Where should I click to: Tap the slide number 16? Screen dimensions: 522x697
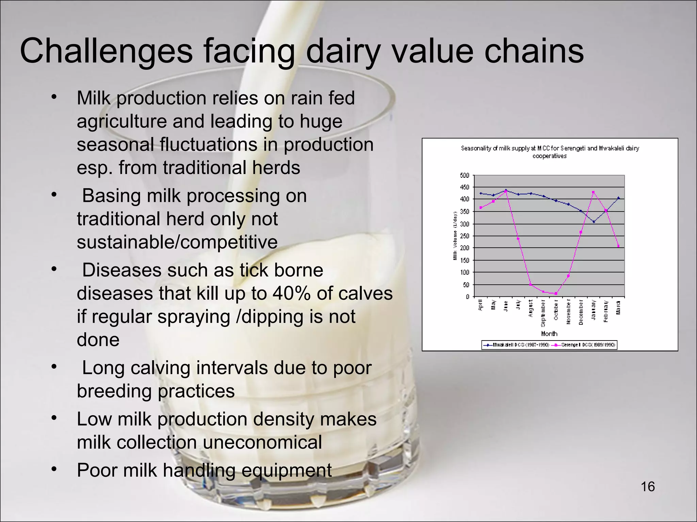click(648, 487)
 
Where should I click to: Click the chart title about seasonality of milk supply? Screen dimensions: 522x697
click(550, 152)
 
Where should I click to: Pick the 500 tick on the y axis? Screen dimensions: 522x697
click(465, 175)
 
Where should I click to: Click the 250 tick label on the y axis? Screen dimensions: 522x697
click(465, 236)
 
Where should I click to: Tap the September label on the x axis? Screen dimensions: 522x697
click(544, 313)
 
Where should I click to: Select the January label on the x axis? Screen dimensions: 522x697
click(593, 309)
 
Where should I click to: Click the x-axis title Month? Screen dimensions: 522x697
click(549, 333)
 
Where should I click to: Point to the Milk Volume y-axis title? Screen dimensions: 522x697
click(455, 236)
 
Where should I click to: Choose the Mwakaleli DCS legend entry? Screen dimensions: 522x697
click(517, 345)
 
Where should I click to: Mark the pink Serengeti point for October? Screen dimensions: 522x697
click(556, 293)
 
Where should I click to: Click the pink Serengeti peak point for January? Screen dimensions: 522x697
click(593, 192)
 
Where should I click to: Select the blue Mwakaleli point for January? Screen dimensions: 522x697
click(594, 222)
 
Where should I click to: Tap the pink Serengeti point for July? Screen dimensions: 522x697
click(518, 239)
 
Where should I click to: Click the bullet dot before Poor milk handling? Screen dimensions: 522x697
click(53, 469)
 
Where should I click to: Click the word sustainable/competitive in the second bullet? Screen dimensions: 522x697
click(177, 242)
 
